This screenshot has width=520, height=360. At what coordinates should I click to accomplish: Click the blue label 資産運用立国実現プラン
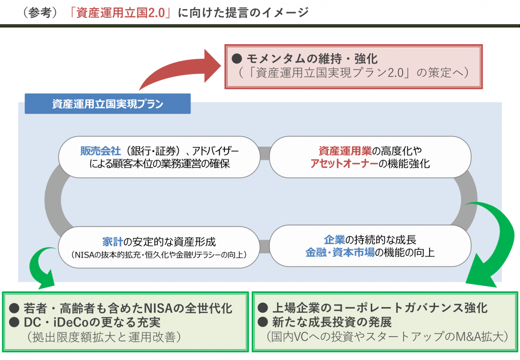click(108, 104)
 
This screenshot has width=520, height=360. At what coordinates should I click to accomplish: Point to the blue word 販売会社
click(100, 151)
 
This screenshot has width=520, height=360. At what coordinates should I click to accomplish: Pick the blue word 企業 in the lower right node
click(335, 240)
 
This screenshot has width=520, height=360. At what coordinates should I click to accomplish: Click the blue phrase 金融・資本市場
click(340, 252)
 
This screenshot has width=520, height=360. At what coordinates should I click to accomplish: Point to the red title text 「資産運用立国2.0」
click(122, 13)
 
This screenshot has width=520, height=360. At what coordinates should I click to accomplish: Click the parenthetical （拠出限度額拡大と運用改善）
click(105, 337)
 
